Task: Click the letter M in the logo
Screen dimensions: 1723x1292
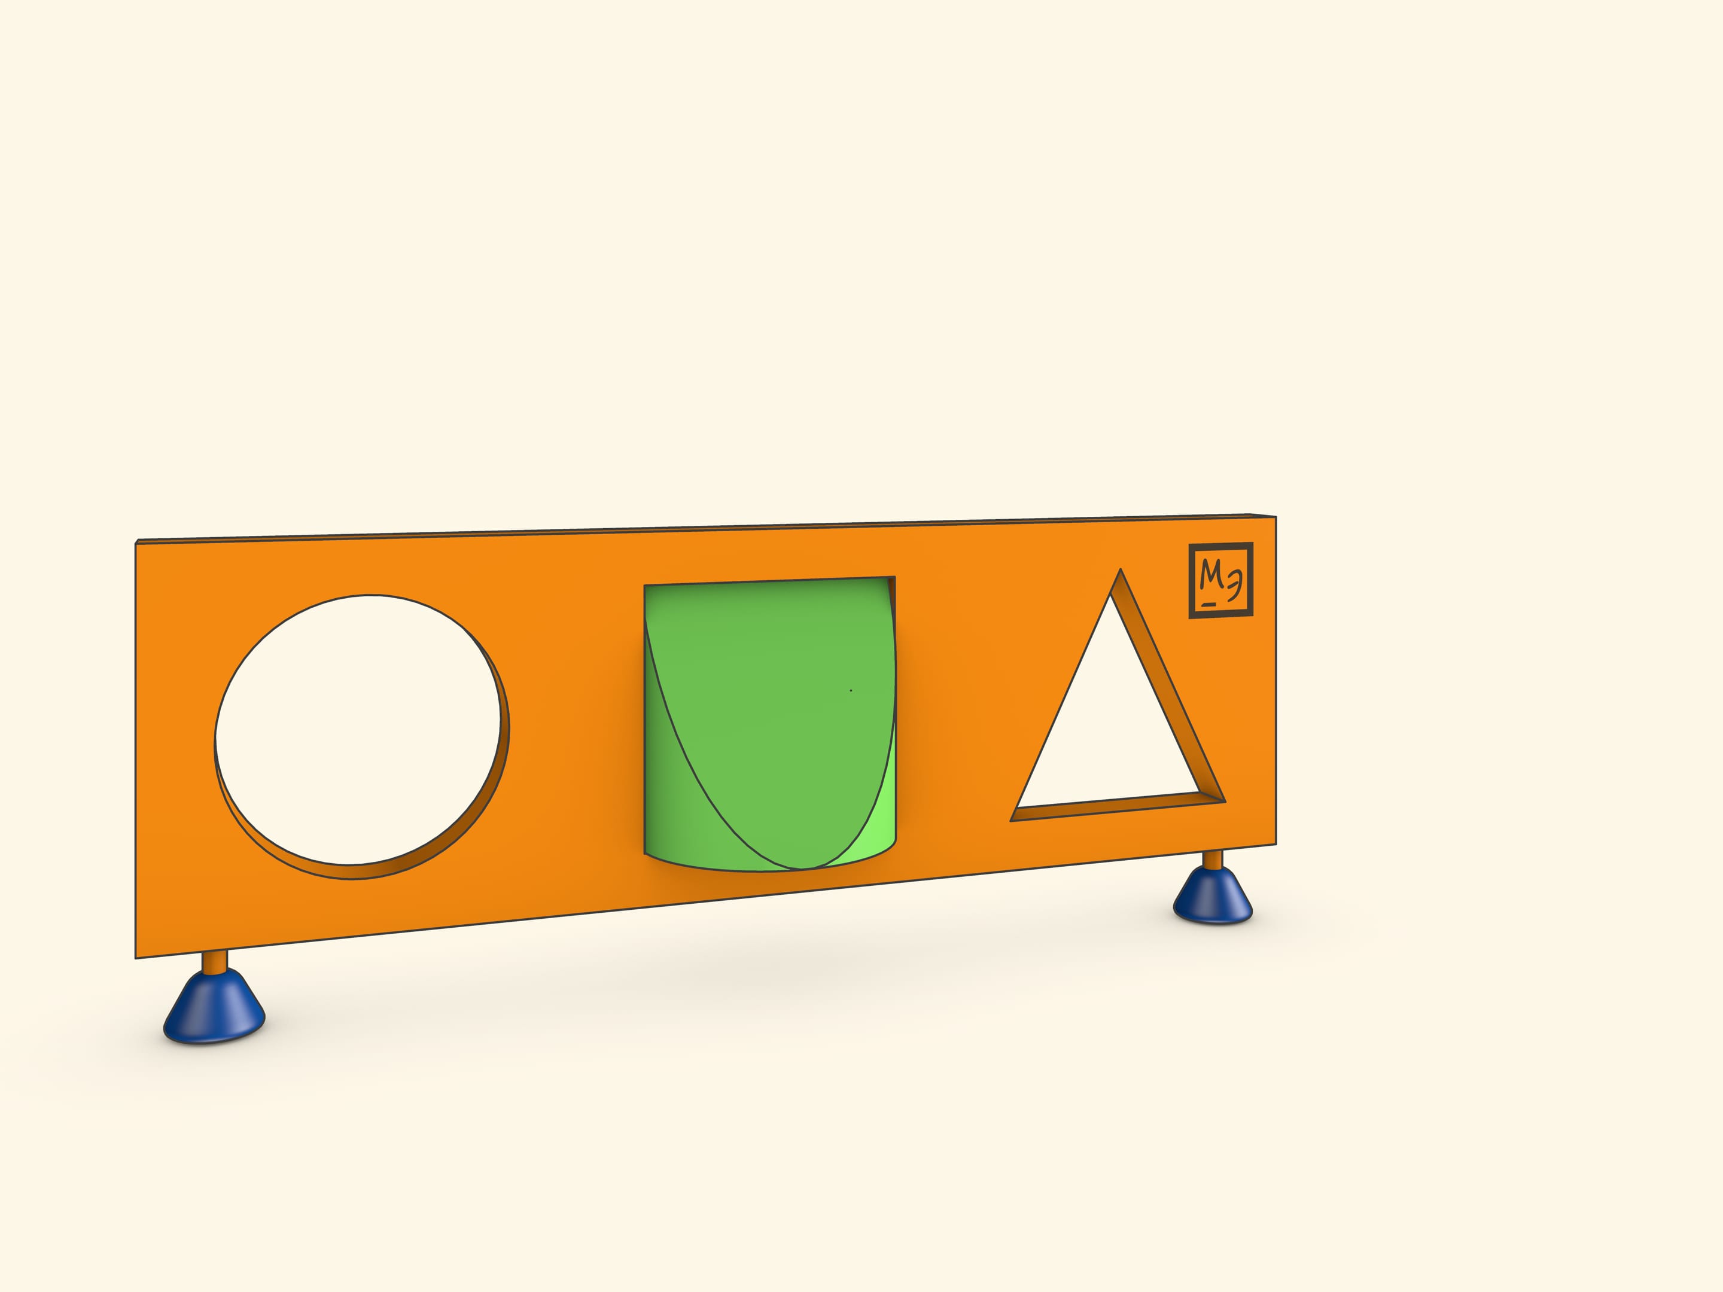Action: coord(1210,574)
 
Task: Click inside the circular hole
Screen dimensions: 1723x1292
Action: coord(358,730)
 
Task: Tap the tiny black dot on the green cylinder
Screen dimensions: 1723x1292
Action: coord(851,690)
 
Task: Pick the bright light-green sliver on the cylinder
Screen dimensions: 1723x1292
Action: coord(872,818)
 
